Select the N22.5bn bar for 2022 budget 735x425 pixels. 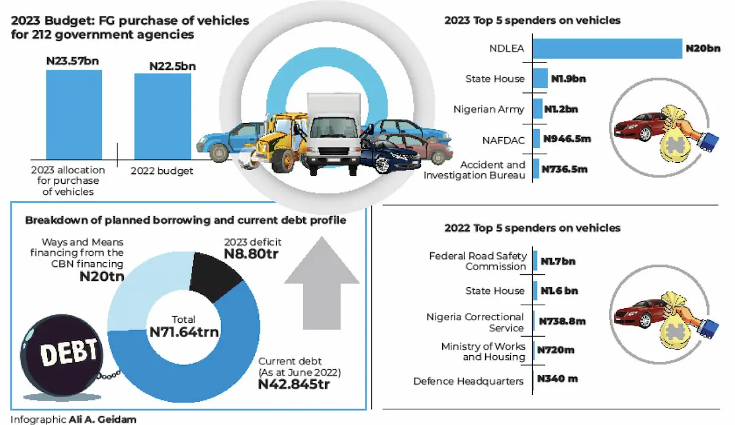click(x=162, y=116)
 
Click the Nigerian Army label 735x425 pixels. click(x=489, y=109)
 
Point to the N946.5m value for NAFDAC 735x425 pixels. click(x=567, y=139)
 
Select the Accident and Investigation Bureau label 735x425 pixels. click(x=492, y=170)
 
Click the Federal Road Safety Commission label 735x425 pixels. click(x=478, y=261)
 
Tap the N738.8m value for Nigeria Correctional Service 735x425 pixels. click(x=562, y=320)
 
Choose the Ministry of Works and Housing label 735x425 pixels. click(x=483, y=352)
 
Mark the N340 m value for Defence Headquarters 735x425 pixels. click(x=557, y=379)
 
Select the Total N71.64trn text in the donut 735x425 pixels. click(x=184, y=326)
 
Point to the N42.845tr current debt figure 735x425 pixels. click(x=294, y=385)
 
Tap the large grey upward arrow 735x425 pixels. click(x=322, y=285)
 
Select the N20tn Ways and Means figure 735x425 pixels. click(x=102, y=276)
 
